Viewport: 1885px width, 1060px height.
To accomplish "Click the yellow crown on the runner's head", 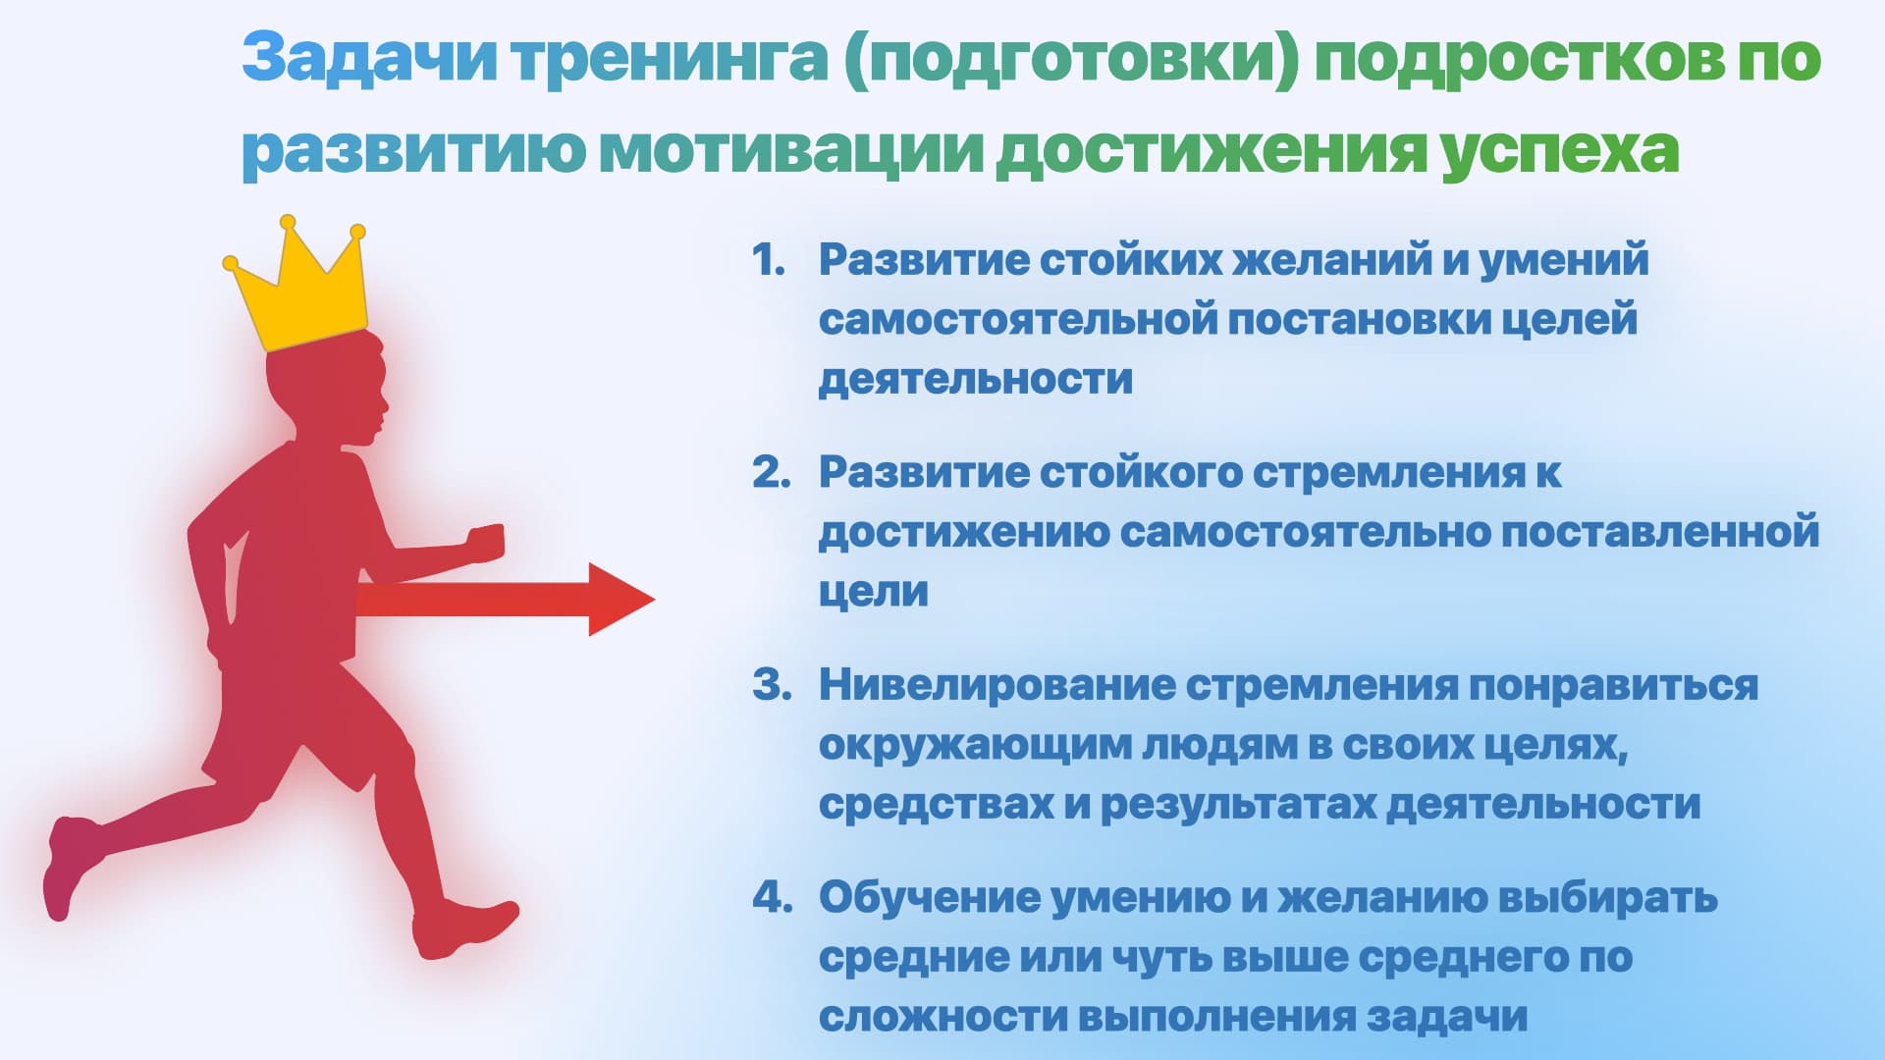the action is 298,291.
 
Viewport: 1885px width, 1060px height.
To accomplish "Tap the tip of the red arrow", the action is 654,599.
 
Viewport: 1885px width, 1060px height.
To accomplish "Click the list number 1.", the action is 769,260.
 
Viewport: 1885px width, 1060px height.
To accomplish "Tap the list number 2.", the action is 771,472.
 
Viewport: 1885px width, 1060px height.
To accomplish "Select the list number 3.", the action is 772,685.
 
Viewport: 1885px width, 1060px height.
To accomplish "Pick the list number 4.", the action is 772,897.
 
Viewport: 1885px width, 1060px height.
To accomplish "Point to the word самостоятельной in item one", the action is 1017,320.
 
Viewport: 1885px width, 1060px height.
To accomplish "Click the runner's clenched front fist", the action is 485,542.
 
